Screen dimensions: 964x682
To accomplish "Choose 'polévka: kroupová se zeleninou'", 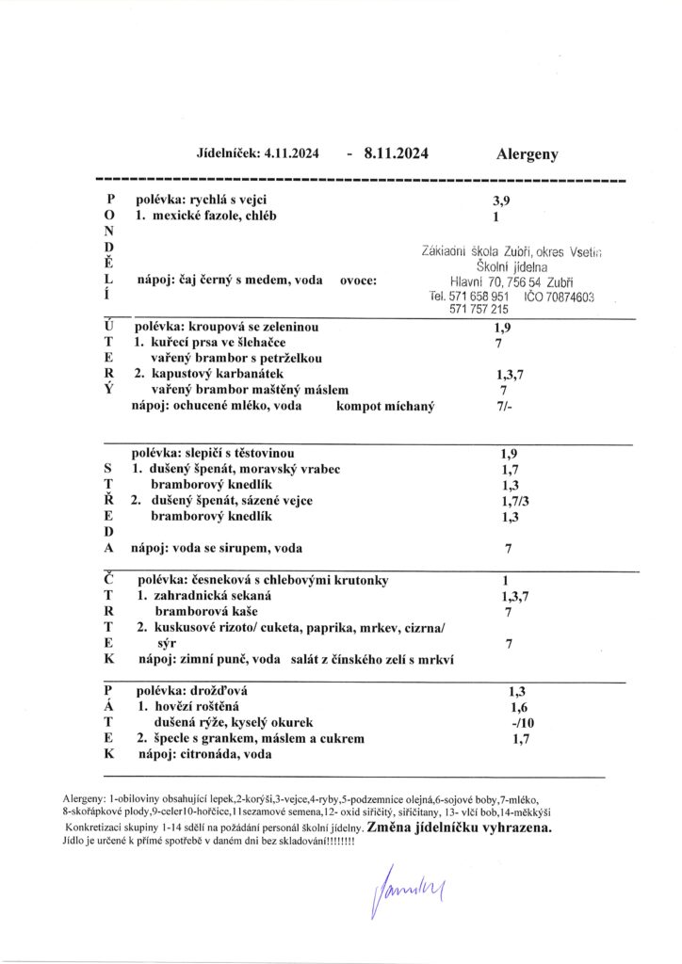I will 225,326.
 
